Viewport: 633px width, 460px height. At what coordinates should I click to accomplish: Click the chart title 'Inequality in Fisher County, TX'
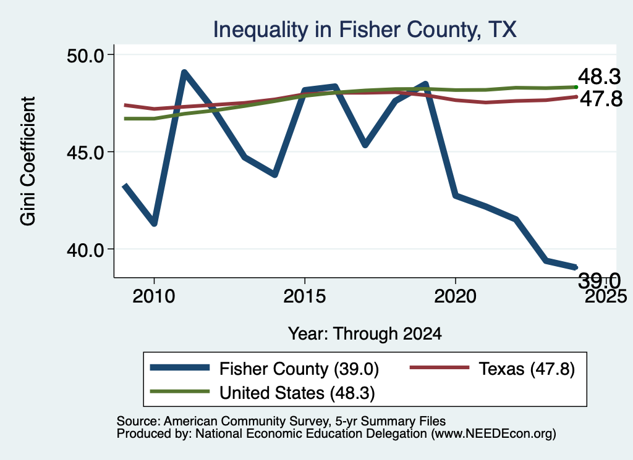point(365,30)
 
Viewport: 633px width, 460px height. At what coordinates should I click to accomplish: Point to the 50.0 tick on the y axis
point(85,55)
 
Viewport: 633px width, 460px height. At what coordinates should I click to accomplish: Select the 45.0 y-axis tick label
point(85,153)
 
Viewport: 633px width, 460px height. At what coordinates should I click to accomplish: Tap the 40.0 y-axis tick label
point(85,250)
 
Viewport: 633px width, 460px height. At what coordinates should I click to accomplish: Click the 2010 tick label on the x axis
point(154,296)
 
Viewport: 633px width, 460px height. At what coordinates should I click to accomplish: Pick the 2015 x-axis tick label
point(304,296)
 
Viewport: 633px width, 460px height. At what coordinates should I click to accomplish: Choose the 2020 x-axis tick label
point(456,296)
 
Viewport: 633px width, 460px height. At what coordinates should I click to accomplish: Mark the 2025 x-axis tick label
point(606,296)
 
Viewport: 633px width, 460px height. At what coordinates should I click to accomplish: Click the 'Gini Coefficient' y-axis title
point(28,161)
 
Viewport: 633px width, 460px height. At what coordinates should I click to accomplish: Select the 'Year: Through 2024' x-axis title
point(365,334)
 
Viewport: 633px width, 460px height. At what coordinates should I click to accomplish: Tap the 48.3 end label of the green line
point(599,77)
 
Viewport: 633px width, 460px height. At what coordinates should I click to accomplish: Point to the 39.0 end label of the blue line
point(599,280)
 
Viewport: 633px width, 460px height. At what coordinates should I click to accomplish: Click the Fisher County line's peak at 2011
point(184,73)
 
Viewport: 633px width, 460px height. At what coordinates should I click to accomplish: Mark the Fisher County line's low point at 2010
point(154,223)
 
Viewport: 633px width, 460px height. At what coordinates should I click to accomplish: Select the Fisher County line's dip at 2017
point(365,144)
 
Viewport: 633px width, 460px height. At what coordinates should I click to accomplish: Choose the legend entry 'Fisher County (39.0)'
point(265,369)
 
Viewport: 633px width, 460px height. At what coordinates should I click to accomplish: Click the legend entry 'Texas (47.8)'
point(492,369)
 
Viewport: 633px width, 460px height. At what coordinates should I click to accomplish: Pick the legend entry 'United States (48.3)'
point(262,393)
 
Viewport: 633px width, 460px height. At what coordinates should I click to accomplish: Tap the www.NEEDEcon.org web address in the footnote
point(493,434)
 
